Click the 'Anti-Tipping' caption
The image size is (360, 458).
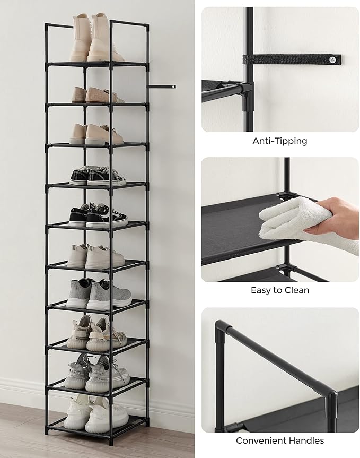point(279,141)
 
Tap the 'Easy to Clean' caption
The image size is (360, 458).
point(279,290)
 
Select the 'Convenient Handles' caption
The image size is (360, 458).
point(279,440)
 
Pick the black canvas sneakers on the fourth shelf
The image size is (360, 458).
point(98,176)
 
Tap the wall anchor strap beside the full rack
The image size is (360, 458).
point(162,87)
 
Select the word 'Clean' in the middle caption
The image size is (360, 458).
point(297,290)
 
